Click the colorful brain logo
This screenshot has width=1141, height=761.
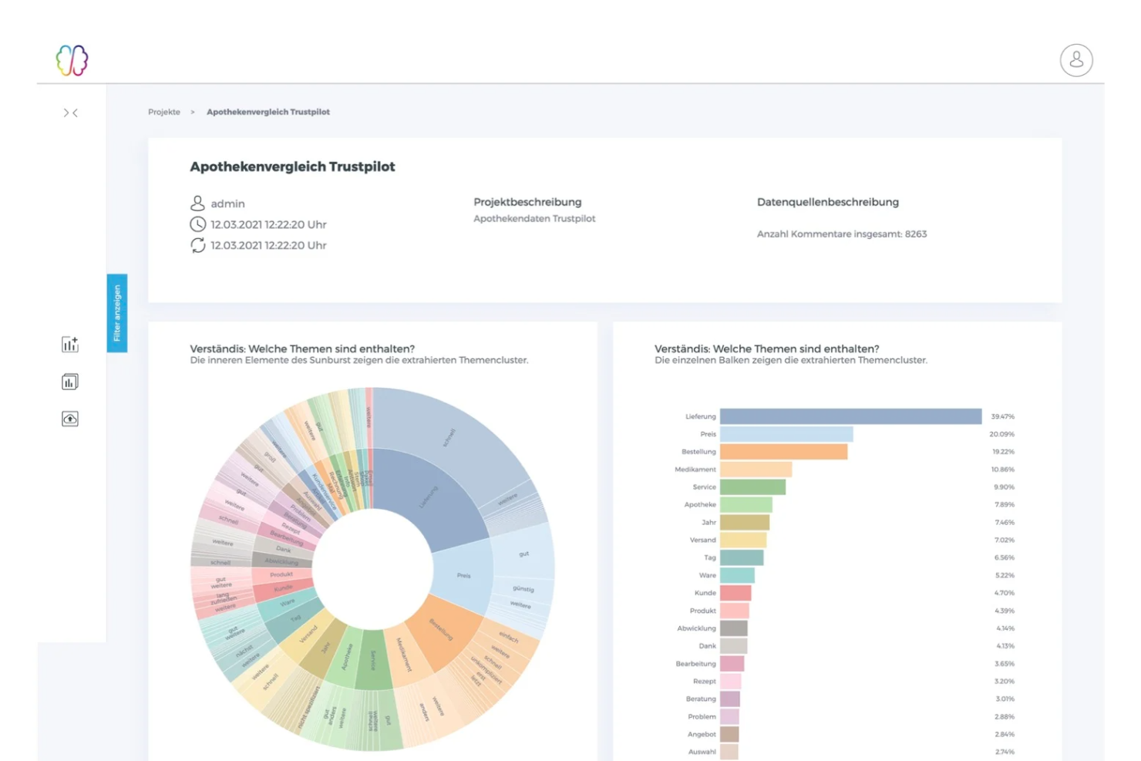pyautogui.click(x=72, y=60)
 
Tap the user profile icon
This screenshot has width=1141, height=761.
pyautogui.click(x=1076, y=60)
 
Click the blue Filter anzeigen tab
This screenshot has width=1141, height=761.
pyautogui.click(x=117, y=313)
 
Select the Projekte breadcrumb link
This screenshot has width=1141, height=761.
pyautogui.click(x=164, y=112)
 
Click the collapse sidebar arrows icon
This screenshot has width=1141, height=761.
pyautogui.click(x=70, y=113)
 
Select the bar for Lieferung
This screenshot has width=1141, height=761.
pyautogui.click(x=850, y=416)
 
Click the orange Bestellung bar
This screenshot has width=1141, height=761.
pyautogui.click(x=783, y=452)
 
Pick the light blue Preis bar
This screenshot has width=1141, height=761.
pyautogui.click(x=786, y=434)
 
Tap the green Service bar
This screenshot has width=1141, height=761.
pyautogui.click(x=752, y=487)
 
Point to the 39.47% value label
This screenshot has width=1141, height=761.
pyautogui.click(x=1002, y=416)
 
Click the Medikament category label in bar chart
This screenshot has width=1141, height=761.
pyautogui.click(x=695, y=470)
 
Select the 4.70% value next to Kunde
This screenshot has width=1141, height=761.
pyautogui.click(x=1004, y=593)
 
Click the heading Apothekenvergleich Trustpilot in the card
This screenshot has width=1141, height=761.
pyautogui.click(x=292, y=167)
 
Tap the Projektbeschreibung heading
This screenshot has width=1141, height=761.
pyautogui.click(x=527, y=202)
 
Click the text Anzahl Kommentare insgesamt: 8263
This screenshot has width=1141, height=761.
pyautogui.click(x=841, y=234)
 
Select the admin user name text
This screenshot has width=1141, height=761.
pyautogui.click(x=227, y=204)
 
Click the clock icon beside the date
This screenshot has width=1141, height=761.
pyautogui.click(x=198, y=224)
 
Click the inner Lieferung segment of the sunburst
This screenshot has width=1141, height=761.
pyautogui.click(x=432, y=497)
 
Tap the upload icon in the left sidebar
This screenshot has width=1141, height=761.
pyautogui.click(x=70, y=419)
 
